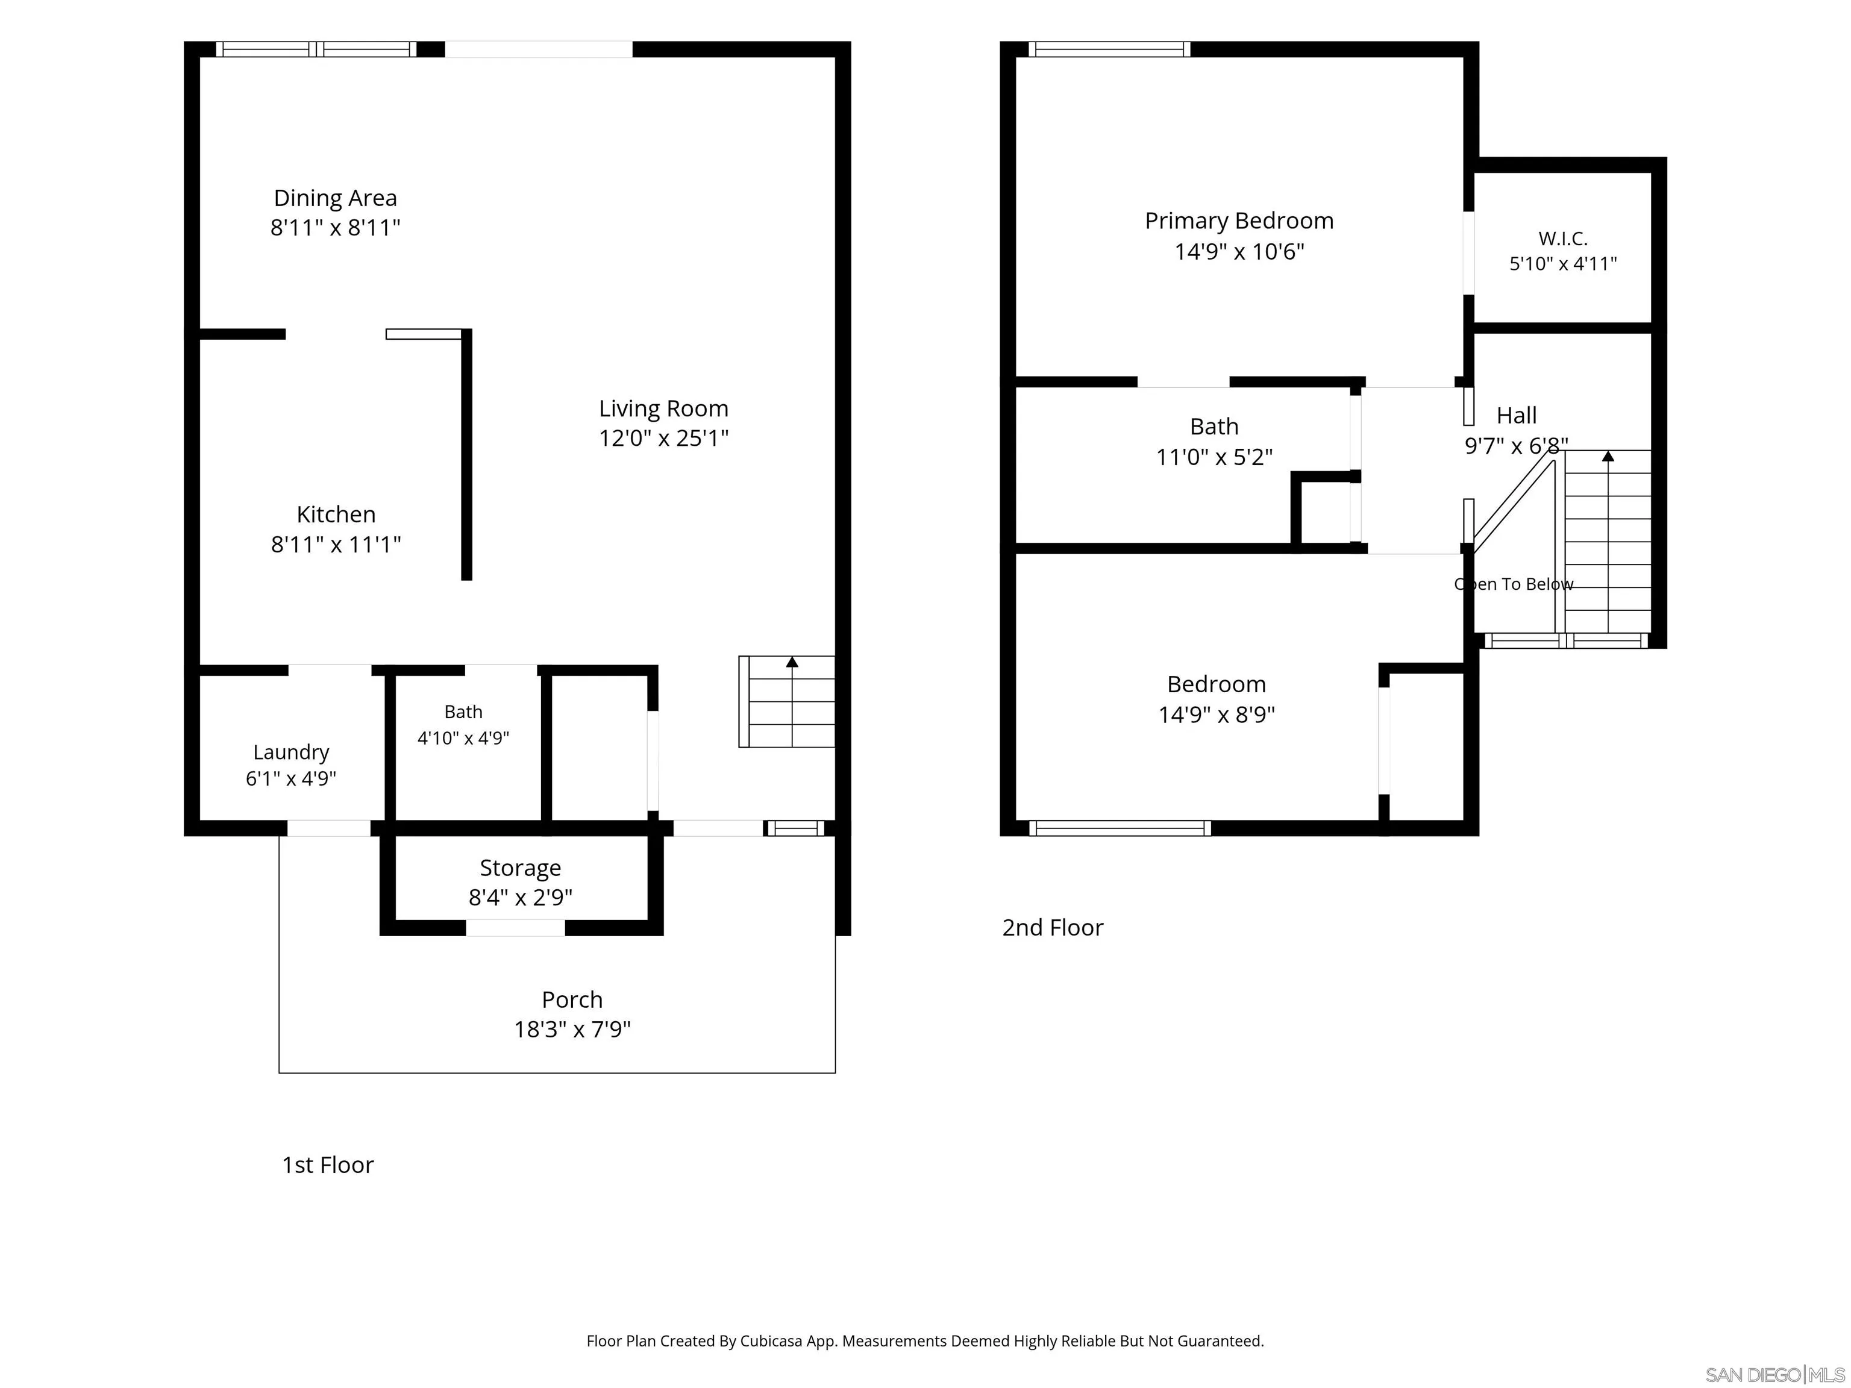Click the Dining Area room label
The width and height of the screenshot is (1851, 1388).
point(336,198)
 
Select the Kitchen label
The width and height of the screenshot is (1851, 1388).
point(336,514)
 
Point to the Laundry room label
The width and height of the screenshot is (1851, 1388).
point(291,752)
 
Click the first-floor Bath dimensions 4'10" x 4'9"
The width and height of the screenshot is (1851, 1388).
point(463,738)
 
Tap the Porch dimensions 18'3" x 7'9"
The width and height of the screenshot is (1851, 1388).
point(572,1029)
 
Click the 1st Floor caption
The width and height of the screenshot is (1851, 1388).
point(328,1164)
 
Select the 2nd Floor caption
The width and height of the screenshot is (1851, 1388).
point(1053,927)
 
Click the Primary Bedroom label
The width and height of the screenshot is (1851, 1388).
point(1239,221)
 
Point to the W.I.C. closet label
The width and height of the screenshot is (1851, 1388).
point(1563,239)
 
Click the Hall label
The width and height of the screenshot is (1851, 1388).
point(1517,416)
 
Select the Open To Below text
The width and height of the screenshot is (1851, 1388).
point(1514,584)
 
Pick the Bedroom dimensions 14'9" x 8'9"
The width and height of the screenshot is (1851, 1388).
point(1217,714)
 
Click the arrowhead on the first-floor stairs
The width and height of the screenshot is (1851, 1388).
point(792,662)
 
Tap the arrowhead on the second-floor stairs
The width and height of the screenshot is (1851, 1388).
point(1608,456)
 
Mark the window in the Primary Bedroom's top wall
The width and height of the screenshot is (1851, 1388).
point(1109,49)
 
